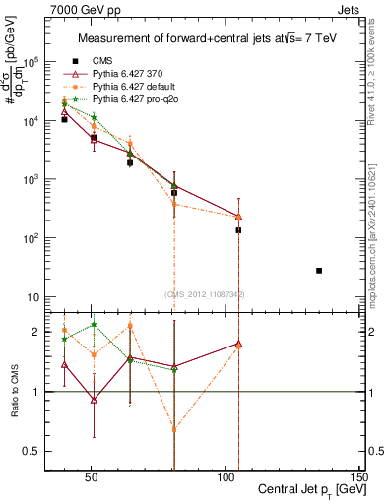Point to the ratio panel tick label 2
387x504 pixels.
click(x=33, y=333)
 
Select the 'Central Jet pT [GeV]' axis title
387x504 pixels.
click(x=313, y=490)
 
